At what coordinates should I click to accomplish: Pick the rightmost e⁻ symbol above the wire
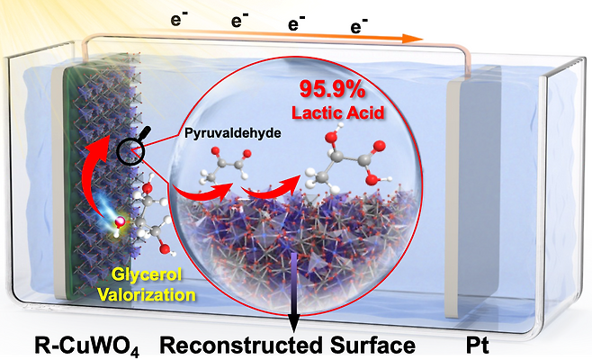[x=358, y=26]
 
